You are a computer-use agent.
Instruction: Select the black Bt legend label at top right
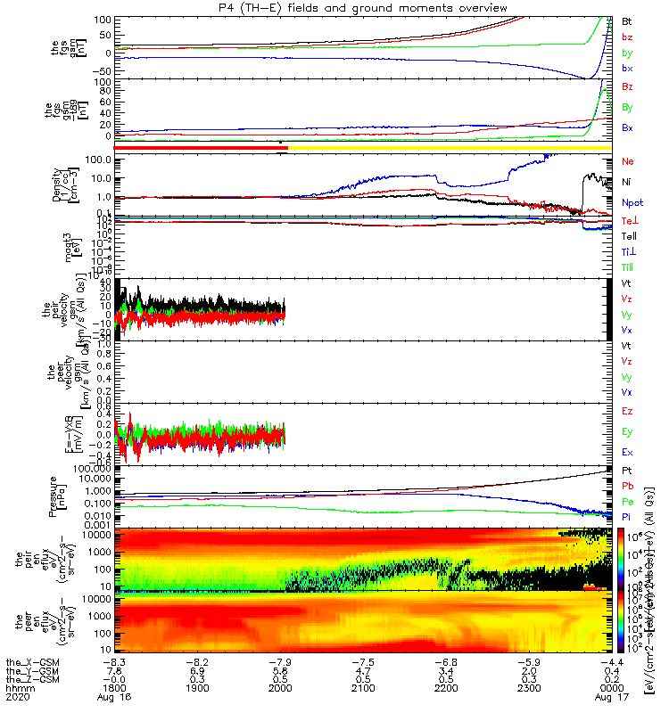(x=627, y=20)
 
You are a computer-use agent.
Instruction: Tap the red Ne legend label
(x=627, y=161)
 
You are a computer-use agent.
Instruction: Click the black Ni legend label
(x=627, y=182)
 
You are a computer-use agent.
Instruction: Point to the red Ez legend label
(x=627, y=411)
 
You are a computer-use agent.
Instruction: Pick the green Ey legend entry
(x=627, y=431)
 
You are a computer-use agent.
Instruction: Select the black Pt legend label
(x=627, y=470)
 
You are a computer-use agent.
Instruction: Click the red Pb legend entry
(x=627, y=486)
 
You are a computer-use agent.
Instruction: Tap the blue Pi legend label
(x=627, y=516)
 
